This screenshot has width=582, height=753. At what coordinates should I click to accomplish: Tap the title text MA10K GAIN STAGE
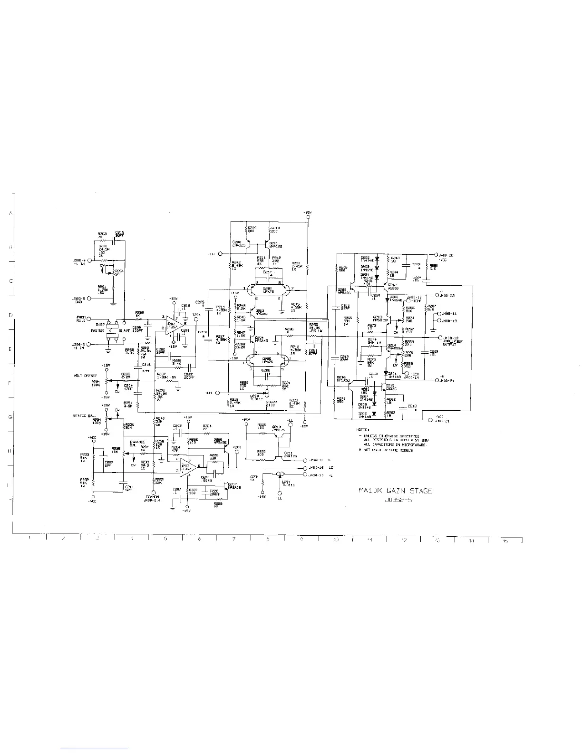[x=395, y=491]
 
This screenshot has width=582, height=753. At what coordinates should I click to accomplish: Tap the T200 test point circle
[x=237, y=453]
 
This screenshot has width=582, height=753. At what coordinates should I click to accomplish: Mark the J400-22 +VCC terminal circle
[x=430, y=255]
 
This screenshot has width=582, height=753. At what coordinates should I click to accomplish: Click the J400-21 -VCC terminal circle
[x=430, y=420]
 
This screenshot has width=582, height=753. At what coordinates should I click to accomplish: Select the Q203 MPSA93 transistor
[x=251, y=313]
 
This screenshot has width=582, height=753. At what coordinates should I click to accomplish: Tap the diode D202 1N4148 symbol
[x=377, y=260]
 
